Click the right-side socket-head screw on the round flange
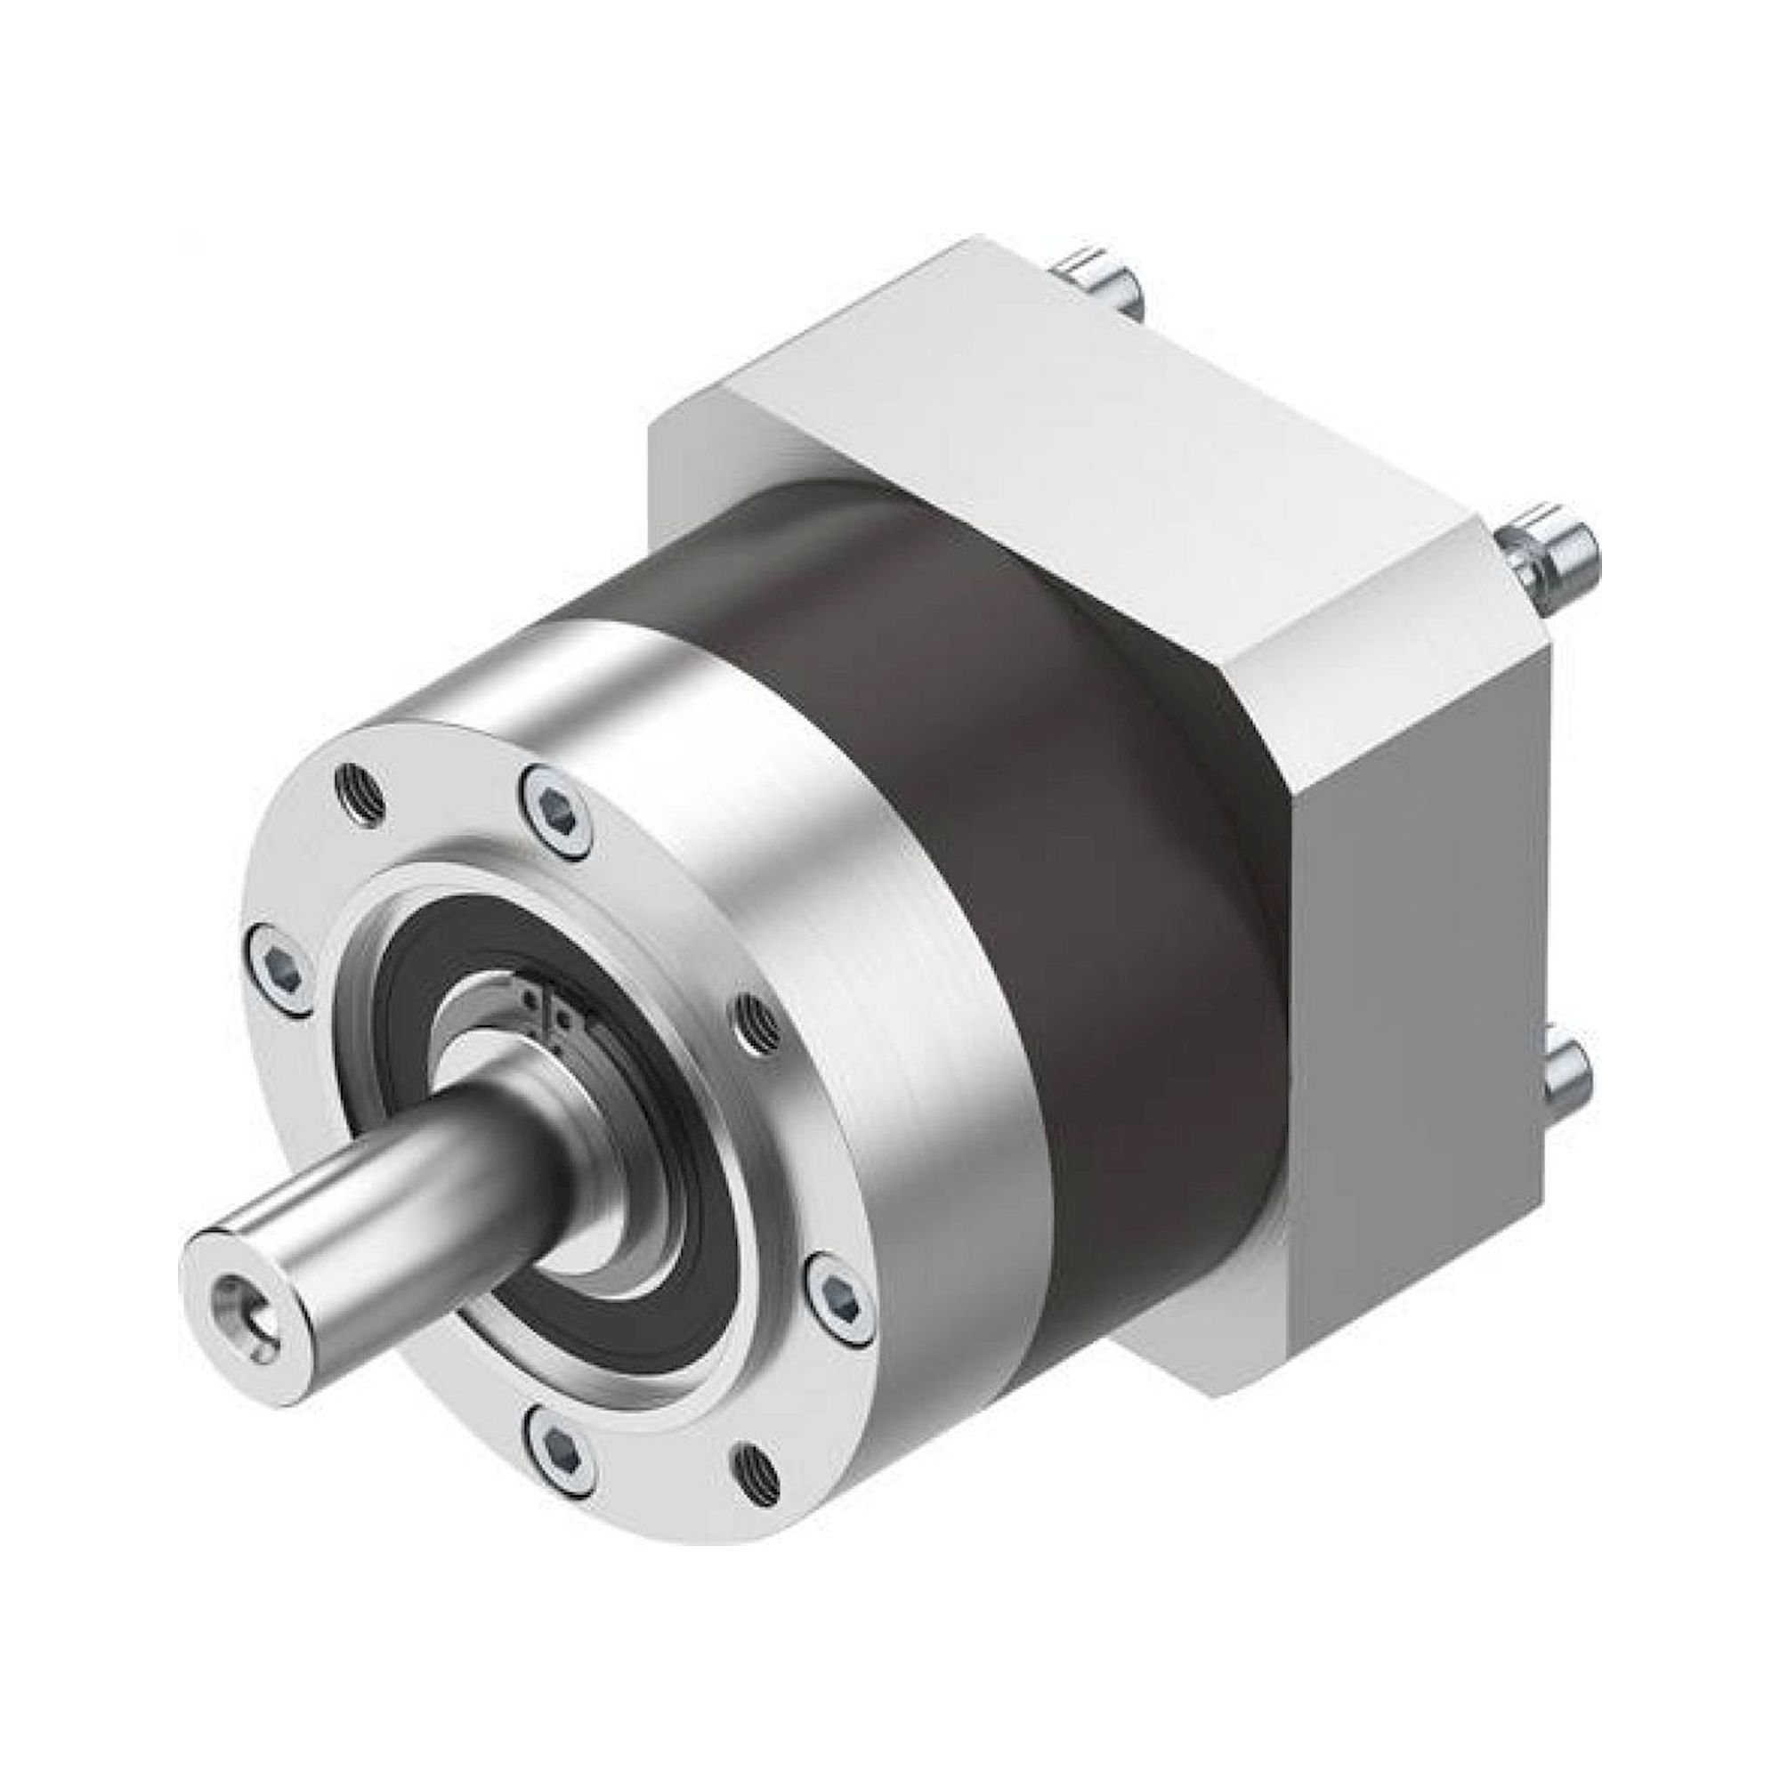[837, 1288]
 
